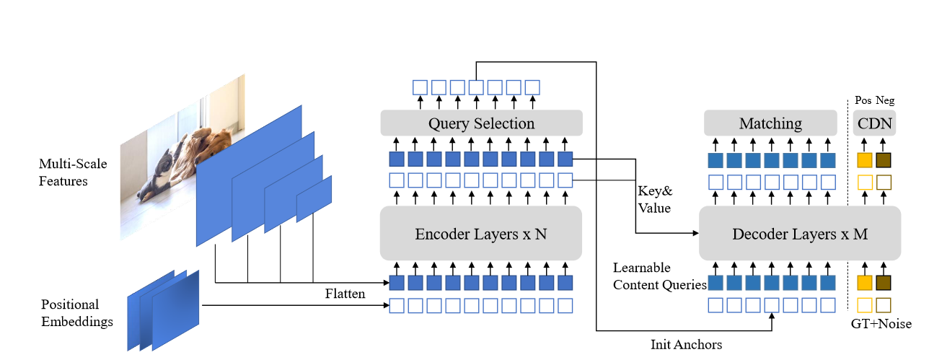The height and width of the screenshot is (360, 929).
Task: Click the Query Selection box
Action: (481, 123)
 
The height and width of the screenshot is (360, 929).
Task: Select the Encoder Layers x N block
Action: (481, 234)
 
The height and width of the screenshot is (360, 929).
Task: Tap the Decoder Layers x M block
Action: (800, 234)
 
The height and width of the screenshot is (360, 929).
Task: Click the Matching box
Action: (770, 123)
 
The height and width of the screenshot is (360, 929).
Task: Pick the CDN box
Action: (875, 123)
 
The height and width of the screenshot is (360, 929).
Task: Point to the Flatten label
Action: (345, 294)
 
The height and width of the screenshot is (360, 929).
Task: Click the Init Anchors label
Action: (686, 344)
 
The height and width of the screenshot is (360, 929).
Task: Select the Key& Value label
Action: (654, 200)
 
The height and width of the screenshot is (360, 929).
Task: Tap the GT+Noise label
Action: (881, 325)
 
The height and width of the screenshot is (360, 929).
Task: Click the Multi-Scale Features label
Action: (73, 172)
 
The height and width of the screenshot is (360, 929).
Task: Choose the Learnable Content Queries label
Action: (659, 276)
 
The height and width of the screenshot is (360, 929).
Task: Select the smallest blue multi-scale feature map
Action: (314, 198)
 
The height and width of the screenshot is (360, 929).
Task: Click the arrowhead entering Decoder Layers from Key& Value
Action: (695, 234)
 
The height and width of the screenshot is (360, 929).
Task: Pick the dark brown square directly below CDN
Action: (884, 160)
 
